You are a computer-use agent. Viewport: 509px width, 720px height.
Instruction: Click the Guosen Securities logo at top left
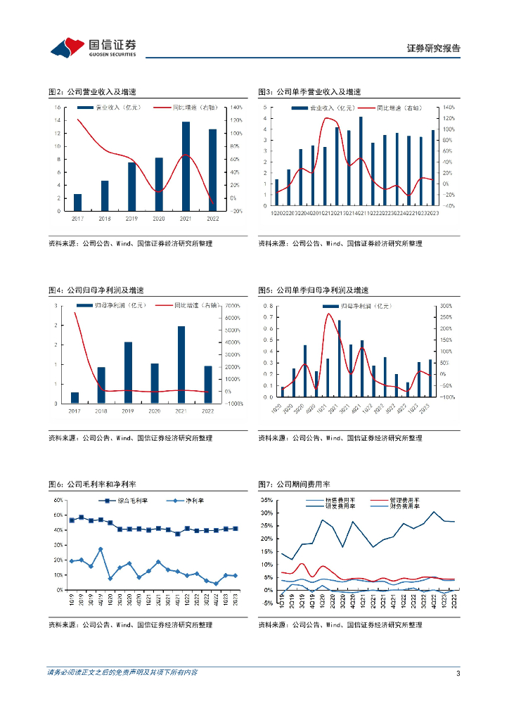click(x=93, y=47)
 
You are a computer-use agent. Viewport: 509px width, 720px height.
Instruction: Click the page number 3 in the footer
click(x=458, y=674)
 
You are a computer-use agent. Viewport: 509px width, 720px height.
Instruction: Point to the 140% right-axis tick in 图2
click(x=236, y=108)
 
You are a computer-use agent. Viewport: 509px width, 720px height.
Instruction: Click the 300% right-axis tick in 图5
click(x=446, y=306)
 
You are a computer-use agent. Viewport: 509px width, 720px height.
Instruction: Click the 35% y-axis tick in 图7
click(x=267, y=500)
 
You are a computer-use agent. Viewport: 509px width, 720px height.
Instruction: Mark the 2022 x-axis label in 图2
click(x=213, y=219)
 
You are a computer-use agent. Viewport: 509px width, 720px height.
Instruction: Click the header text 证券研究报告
click(x=434, y=49)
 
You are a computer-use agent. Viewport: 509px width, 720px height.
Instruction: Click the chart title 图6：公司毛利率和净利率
click(x=91, y=484)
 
